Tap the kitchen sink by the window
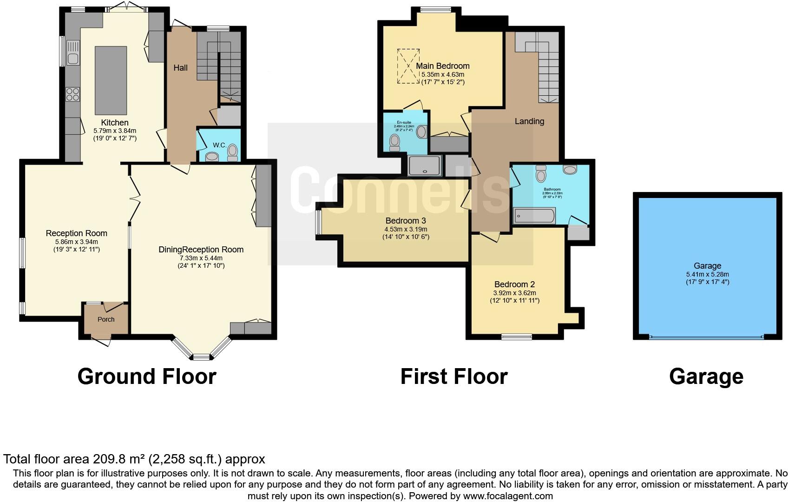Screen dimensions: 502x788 click(x=73, y=52)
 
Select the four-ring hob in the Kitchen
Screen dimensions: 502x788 click(x=72, y=94)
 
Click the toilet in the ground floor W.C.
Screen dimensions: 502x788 click(x=232, y=152)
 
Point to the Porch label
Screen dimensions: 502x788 click(x=106, y=319)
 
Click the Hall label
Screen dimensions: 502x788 click(x=180, y=68)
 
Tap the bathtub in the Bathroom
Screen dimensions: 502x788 click(x=534, y=216)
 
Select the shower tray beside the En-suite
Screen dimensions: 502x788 click(x=424, y=166)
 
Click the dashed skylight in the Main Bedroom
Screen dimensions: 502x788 click(x=408, y=66)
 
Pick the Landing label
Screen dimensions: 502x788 click(x=529, y=121)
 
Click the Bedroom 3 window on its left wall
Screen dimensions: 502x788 click(x=318, y=223)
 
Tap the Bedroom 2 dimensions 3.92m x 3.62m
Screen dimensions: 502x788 click(x=514, y=293)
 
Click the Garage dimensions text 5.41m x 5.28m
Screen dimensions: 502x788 click(x=707, y=274)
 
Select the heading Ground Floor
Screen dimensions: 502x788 click(x=147, y=376)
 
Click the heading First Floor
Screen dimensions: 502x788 click(x=453, y=376)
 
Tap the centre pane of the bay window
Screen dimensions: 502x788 click(x=201, y=357)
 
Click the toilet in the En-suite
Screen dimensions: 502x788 click(x=394, y=143)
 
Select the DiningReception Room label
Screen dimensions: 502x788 click(x=201, y=250)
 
